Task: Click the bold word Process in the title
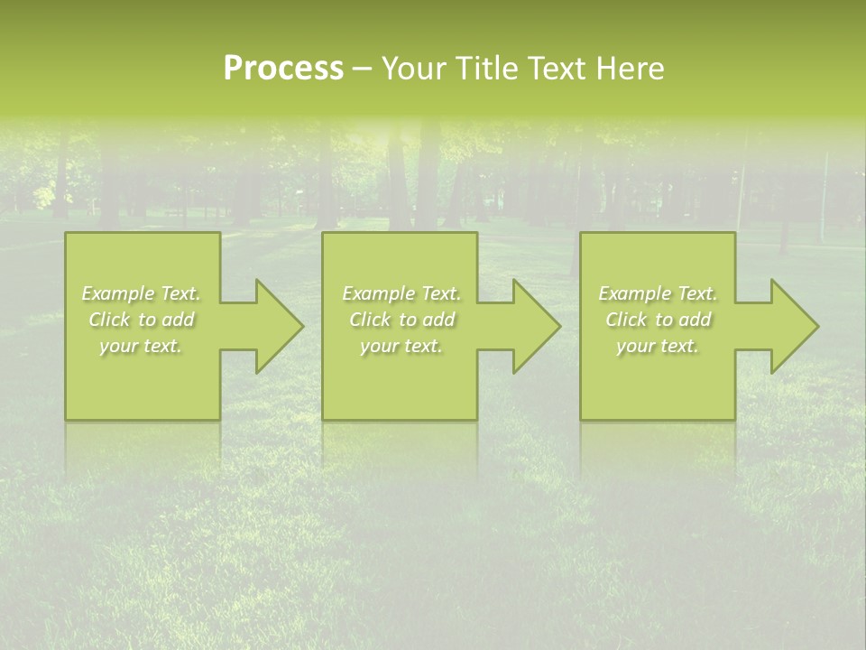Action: click(x=283, y=69)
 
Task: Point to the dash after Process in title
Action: click(x=363, y=70)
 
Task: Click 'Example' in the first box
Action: click(x=118, y=293)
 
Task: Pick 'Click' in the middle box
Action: click(x=369, y=320)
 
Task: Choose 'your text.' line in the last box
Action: click(x=658, y=346)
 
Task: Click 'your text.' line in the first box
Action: click(x=141, y=346)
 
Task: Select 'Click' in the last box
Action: click(x=626, y=320)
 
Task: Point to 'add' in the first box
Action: click(x=179, y=320)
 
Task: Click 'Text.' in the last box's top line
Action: click(x=697, y=293)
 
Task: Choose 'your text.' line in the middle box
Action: click(x=401, y=346)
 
